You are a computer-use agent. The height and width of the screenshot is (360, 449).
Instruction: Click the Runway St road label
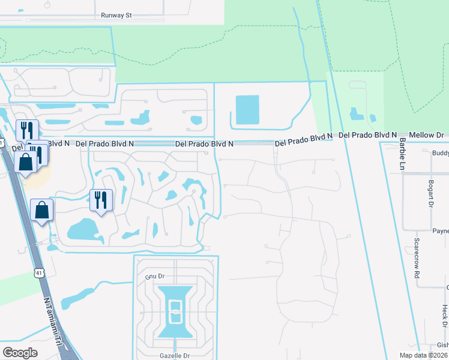click(x=116, y=16)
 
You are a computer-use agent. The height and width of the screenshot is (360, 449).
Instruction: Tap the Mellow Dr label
click(x=427, y=136)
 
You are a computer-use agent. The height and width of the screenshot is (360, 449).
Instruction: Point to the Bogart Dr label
click(x=431, y=190)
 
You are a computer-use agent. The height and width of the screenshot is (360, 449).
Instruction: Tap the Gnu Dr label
click(x=155, y=276)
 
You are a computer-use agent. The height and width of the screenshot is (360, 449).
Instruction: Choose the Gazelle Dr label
click(x=175, y=356)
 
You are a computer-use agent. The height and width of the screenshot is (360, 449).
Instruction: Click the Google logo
click(x=20, y=353)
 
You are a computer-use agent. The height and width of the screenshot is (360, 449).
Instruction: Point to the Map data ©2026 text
click(x=423, y=355)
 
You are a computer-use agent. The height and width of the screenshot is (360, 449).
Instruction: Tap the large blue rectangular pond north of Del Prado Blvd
click(x=247, y=110)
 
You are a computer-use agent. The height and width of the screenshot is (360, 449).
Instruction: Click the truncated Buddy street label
click(x=440, y=154)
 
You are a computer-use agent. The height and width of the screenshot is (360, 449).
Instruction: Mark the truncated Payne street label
click(x=441, y=231)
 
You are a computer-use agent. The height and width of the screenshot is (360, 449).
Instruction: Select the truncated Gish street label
click(x=442, y=345)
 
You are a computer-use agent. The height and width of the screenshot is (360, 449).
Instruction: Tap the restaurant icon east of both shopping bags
click(x=101, y=199)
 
